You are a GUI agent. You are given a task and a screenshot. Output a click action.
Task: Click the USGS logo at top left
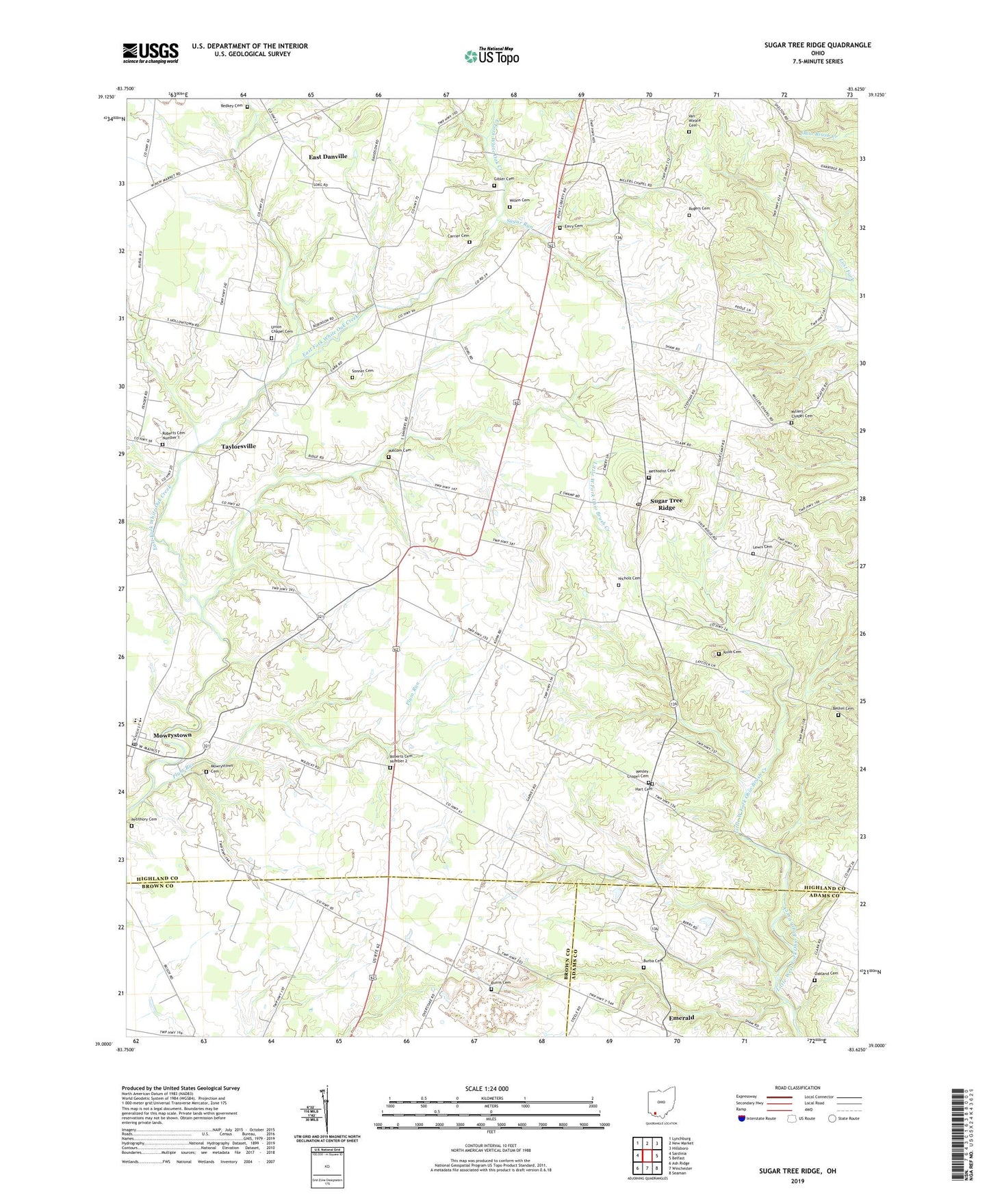coord(151,53)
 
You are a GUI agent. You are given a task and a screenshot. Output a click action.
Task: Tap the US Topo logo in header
coord(491,56)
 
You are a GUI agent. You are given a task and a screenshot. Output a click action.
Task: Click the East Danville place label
coord(328,157)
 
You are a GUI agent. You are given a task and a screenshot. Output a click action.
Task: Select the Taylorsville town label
coord(238,446)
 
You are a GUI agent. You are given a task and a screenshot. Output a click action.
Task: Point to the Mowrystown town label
coord(172,735)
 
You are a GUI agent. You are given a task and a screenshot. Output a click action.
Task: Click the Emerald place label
coord(681,1018)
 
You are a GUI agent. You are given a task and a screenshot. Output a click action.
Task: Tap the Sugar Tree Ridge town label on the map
coord(666,504)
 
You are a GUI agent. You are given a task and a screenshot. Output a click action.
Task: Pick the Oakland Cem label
coord(825,973)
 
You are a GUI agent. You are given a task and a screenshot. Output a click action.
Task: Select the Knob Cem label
coord(732,652)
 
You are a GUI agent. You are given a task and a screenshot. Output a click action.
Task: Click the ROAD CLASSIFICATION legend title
coord(797,1088)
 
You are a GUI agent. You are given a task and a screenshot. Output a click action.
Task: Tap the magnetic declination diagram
coord(326,1112)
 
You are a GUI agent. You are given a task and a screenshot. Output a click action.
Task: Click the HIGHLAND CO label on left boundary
coord(157,878)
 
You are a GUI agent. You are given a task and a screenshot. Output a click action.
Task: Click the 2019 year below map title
coord(797,1181)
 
